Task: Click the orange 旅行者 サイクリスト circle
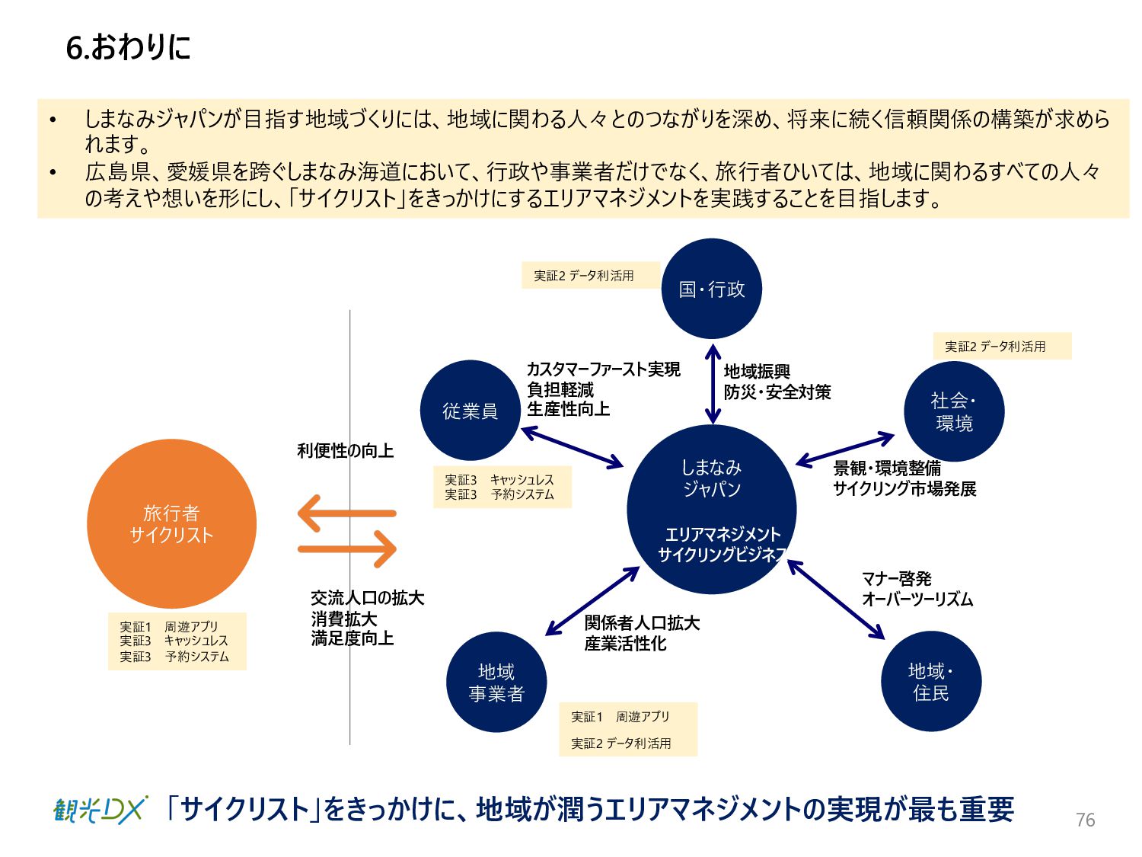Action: (x=171, y=524)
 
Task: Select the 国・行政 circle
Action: (x=712, y=289)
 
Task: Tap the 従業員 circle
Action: (x=470, y=411)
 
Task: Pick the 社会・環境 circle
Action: (x=954, y=411)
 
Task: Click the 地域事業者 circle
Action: (x=496, y=682)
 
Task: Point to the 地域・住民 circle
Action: (x=931, y=681)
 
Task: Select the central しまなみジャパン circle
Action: (x=712, y=509)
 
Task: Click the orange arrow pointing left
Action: (x=346, y=513)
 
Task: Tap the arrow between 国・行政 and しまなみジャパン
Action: (x=713, y=384)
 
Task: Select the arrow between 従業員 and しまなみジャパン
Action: (x=572, y=447)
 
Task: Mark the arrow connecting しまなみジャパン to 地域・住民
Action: (x=836, y=600)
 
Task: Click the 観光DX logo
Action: (x=100, y=810)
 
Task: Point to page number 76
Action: (x=1085, y=820)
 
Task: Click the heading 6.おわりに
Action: (x=128, y=47)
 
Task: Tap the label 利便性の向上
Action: (x=345, y=451)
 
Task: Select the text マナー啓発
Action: (x=896, y=579)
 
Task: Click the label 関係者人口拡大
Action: (x=642, y=623)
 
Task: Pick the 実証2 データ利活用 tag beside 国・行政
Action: (x=584, y=276)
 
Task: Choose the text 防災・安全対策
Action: (x=777, y=392)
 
